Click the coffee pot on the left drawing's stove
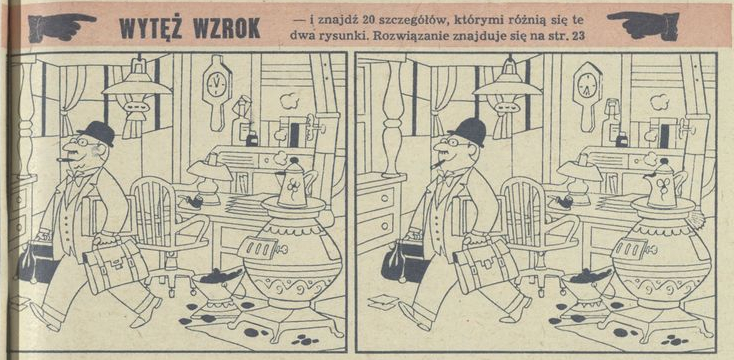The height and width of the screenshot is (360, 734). (295, 186)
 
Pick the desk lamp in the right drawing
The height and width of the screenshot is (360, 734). (581, 174)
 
